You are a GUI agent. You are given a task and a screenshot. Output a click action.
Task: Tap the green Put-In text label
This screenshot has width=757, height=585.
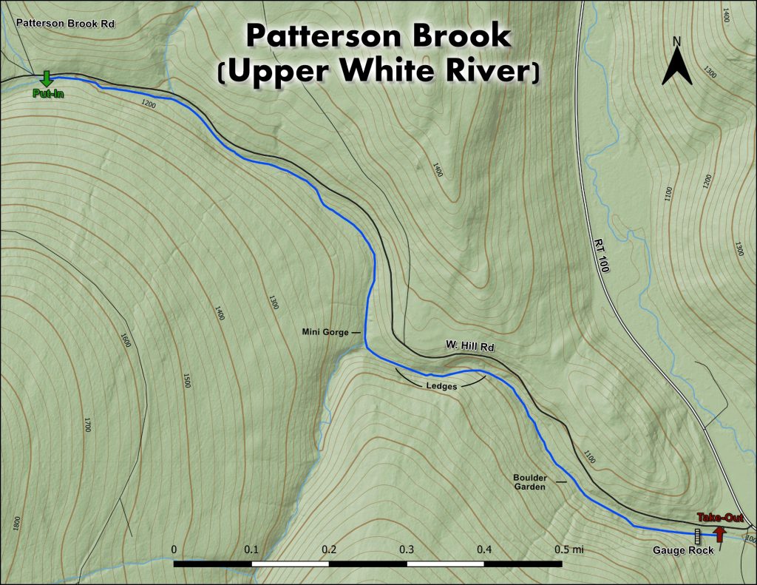point(46,94)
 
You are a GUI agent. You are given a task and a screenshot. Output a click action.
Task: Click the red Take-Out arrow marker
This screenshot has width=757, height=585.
point(719,533)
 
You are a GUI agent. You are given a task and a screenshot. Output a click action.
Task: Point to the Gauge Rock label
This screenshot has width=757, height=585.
point(683,550)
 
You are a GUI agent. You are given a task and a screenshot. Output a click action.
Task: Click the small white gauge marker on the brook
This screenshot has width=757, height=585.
point(696,534)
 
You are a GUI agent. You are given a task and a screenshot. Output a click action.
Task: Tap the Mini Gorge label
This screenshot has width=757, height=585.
point(325,333)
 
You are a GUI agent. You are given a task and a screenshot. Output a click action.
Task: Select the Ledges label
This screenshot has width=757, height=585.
point(442,386)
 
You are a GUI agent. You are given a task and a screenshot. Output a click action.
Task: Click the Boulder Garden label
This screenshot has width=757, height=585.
point(530,482)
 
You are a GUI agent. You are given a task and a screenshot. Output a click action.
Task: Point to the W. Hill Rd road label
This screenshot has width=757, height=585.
point(469,346)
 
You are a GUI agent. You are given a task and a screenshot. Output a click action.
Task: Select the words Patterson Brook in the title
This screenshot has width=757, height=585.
point(378,35)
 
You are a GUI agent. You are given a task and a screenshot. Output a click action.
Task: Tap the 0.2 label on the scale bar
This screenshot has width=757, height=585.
point(329,550)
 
